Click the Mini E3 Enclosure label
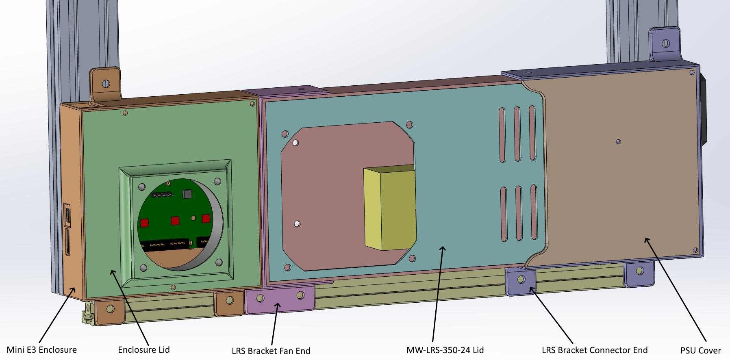tap(41, 349)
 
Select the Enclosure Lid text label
tap(144, 349)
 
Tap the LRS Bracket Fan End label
tap(271, 351)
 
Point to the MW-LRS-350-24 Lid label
tap(445, 350)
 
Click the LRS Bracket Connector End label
tap(595, 350)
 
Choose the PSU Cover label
tap(701, 350)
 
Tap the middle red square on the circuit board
tap(175, 221)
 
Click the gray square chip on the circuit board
tap(187, 194)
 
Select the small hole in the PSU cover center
tap(618, 142)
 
